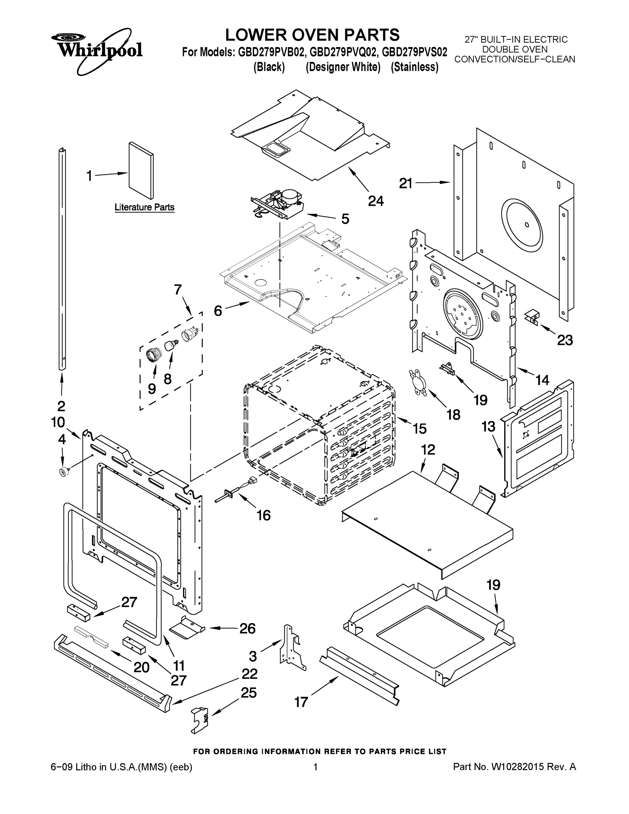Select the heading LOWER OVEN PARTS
pyautogui.click(x=312, y=35)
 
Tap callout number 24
pyautogui.click(x=376, y=201)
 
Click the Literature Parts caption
pyautogui.click(x=144, y=207)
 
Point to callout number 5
pyautogui.click(x=345, y=219)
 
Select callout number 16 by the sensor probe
pyautogui.click(x=263, y=516)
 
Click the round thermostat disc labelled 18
pyautogui.click(x=418, y=382)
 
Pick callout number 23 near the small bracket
pyautogui.click(x=565, y=340)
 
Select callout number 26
pyautogui.click(x=247, y=629)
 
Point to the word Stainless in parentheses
pyautogui.click(x=414, y=67)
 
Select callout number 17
pyautogui.click(x=301, y=702)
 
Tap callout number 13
pyautogui.click(x=488, y=426)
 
